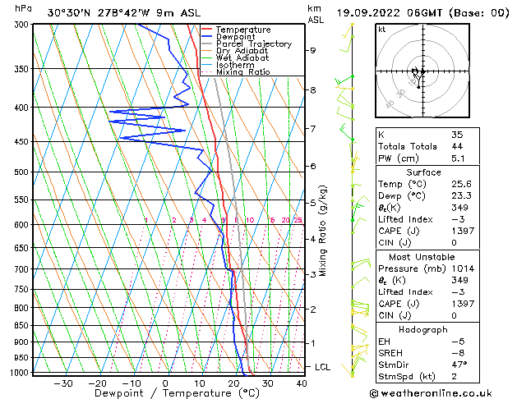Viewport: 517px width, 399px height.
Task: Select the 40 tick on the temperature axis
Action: click(302, 383)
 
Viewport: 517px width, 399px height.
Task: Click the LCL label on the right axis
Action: click(323, 367)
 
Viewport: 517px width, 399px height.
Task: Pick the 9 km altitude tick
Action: click(312, 50)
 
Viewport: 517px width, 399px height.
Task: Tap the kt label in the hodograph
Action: click(382, 29)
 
